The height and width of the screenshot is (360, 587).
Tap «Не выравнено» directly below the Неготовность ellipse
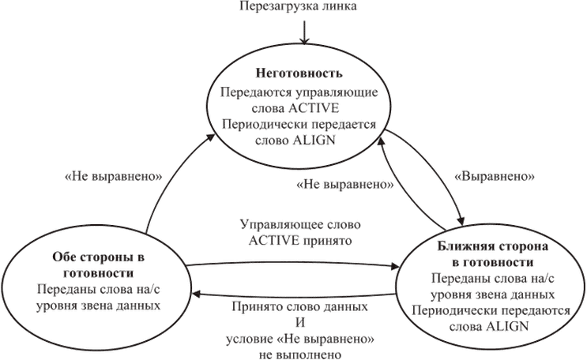346,186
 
